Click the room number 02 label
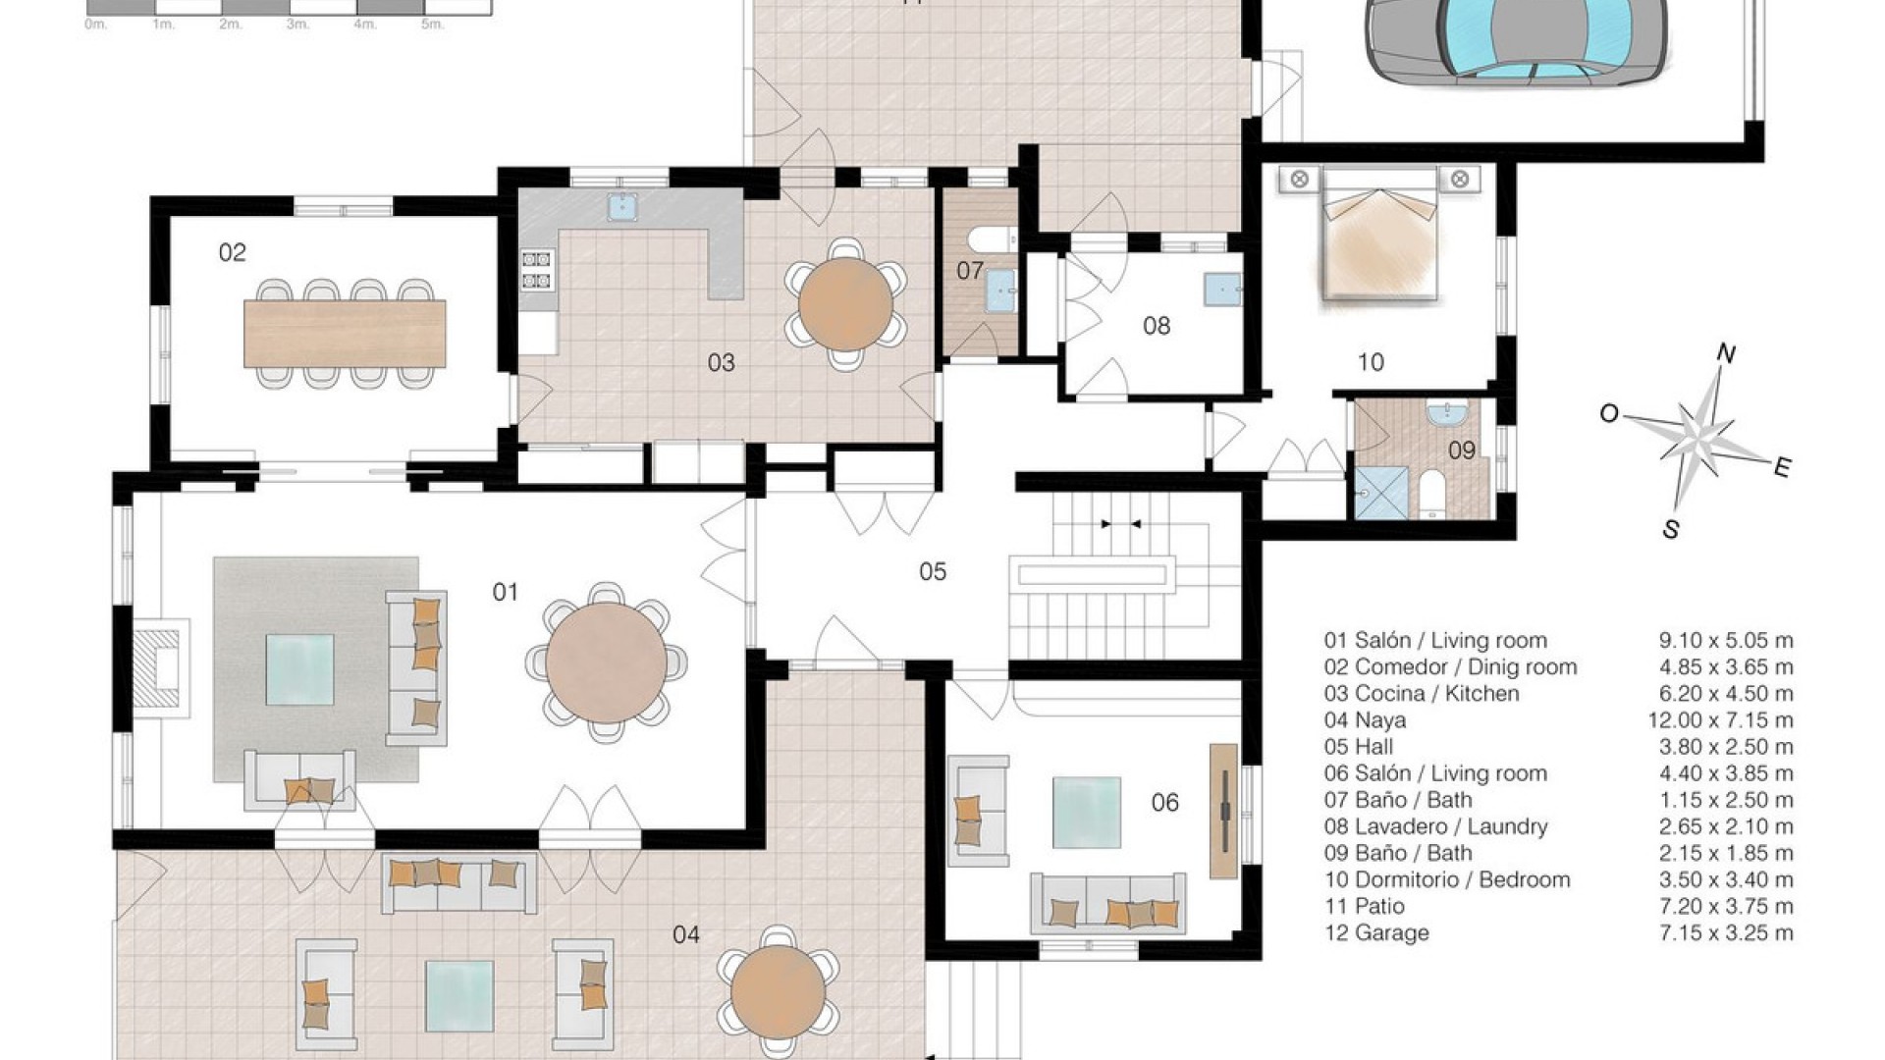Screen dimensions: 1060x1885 [232, 253]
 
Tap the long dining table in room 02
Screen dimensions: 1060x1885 [345, 334]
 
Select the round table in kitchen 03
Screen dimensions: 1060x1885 [845, 304]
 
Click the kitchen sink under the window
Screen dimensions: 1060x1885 [619, 206]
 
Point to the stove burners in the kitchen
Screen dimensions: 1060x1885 [537, 270]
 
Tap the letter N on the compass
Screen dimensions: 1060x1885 [1725, 354]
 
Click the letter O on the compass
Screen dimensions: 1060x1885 [1608, 414]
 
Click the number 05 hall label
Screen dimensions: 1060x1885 [932, 571]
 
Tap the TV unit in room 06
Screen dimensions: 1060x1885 [1223, 811]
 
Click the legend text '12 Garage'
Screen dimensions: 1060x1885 [1376, 933]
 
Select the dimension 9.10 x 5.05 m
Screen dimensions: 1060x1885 [1725, 641]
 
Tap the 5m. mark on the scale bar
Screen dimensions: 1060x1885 [431, 24]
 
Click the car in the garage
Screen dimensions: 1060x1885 [1518, 39]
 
